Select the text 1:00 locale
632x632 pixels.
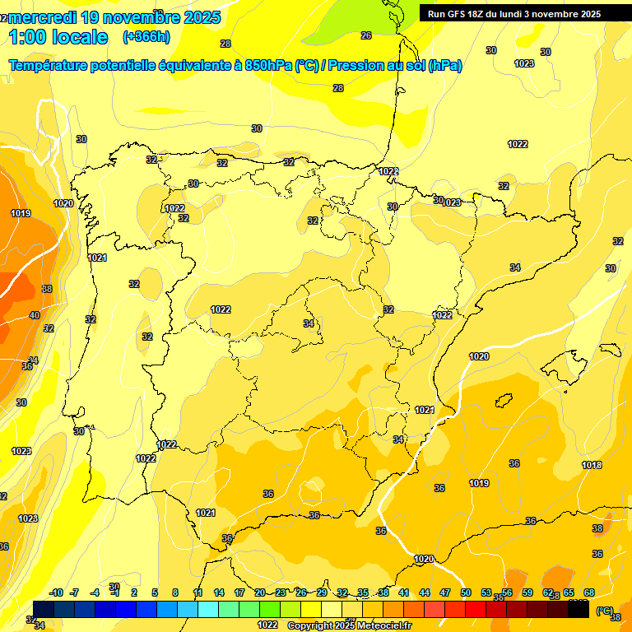(x=58, y=37)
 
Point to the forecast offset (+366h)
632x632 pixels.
(x=146, y=37)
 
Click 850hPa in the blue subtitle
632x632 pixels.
(x=267, y=66)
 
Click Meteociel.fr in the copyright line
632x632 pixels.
(x=384, y=626)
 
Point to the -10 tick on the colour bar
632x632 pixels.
(x=57, y=592)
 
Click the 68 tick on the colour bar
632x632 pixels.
(x=589, y=592)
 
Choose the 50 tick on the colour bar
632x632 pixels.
(x=466, y=592)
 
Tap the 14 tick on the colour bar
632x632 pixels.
(x=219, y=592)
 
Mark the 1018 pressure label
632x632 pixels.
(x=592, y=465)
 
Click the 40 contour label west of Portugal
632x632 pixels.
(x=35, y=315)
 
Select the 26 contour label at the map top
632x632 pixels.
(x=366, y=35)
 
